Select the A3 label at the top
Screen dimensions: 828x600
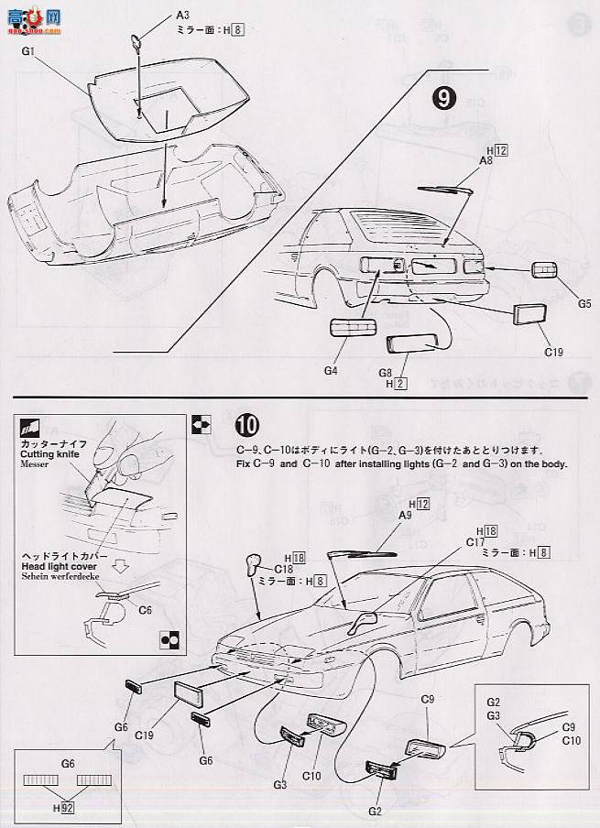183,16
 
